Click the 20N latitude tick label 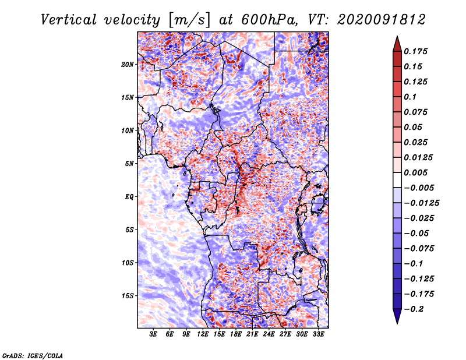(127, 65)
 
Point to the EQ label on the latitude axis (129, 197)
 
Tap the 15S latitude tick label (128, 296)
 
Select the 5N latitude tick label (129, 164)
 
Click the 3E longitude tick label (153, 334)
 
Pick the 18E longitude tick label (236, 334)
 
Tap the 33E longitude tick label (318, 334)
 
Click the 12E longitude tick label (203, 334)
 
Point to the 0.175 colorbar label (415, 51)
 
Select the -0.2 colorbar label (414, 309)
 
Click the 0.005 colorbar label (415, 172)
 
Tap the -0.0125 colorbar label (421, 203)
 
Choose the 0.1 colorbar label (410, 97)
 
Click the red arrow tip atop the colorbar (397, 36)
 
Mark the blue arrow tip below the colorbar (397, 323)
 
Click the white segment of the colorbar (397, 180)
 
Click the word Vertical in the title (69, 20)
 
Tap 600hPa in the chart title (269, 20)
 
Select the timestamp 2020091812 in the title (382, 20)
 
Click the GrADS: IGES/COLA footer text (33, 356)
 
